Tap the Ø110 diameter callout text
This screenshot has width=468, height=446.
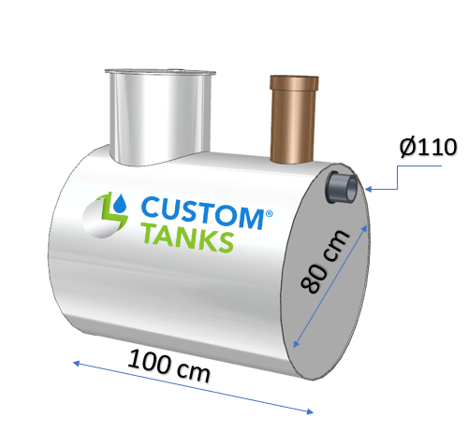(x=427, y=147)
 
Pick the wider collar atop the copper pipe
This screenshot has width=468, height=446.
(x=295, y=83)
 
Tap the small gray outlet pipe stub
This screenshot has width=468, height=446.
(x=342, y=186)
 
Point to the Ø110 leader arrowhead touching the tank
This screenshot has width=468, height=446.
(x=368, y=190)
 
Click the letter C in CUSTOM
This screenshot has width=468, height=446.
(x=151, y=209)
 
